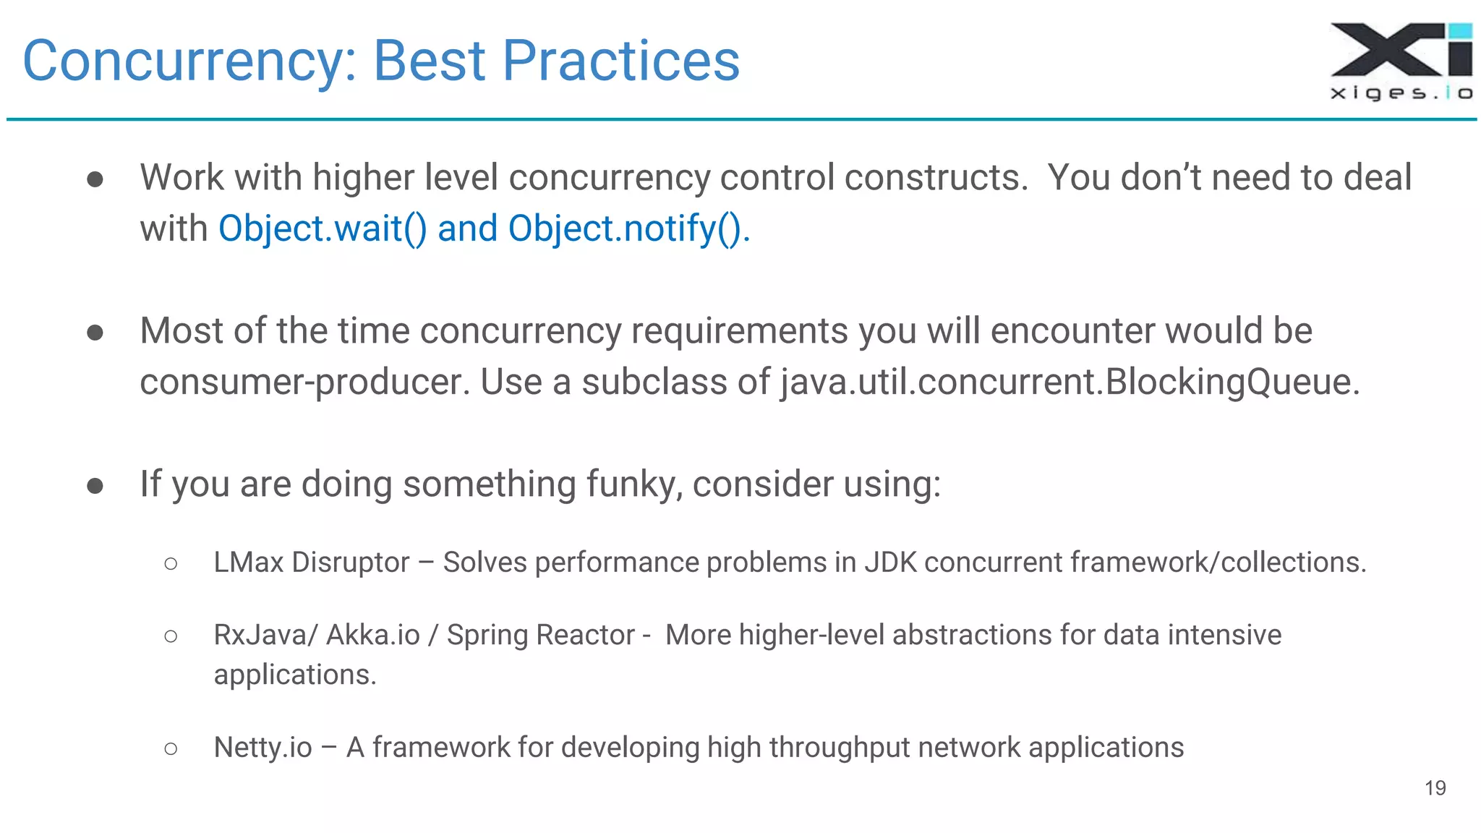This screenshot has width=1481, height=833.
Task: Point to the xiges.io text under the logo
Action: click(x=1401, y=93)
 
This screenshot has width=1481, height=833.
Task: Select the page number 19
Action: click(x=1435, y=787)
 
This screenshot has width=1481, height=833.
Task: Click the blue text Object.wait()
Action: click(x=323, y=229)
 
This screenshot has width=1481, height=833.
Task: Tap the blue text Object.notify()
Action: click(x=628, y=229)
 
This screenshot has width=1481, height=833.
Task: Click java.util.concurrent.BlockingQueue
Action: click(x=1069, y=382)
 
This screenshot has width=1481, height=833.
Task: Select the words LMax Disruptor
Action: click(x=311, y=563)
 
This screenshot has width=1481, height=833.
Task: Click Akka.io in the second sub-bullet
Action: click(x=373, y=635)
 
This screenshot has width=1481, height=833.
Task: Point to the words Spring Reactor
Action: click(x=540, y=635)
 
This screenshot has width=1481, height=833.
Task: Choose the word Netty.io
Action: click(x=263, y=748)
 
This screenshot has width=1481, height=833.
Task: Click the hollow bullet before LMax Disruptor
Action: click(x=171, y=563)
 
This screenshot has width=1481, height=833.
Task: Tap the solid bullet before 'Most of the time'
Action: click(x=95, y=332)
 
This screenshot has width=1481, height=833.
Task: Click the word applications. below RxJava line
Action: click(x=294, y=675)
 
